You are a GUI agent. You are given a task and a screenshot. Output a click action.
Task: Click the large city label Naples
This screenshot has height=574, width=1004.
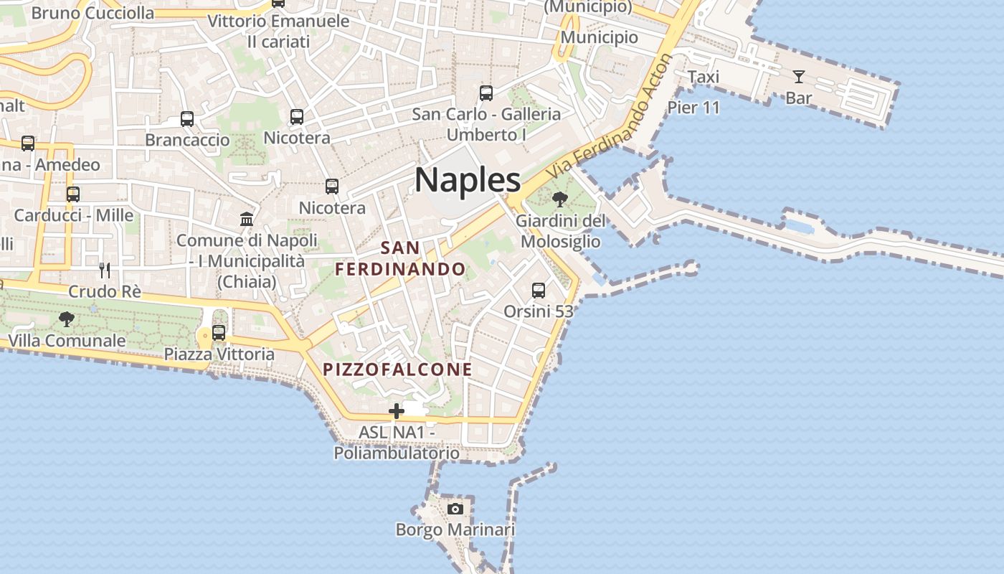(x=468, y=179)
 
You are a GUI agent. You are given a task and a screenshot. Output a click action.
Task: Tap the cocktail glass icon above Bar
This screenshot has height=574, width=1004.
(x=798, y=76)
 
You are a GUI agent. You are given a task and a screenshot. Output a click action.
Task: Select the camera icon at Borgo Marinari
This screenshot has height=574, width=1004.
(x=455, y=509)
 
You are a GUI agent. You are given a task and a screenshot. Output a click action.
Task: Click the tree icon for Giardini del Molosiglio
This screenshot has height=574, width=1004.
(x=560, y=199)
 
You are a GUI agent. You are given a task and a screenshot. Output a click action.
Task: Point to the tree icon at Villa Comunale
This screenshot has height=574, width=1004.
(x=67, y=319)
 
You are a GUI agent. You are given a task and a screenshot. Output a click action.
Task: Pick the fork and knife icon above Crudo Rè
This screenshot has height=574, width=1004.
(x=105, y=270)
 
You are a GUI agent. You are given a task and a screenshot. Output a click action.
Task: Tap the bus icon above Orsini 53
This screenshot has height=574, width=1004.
(x=539, y=290)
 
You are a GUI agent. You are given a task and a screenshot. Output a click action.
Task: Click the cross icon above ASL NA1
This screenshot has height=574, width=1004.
(x=396, y=411)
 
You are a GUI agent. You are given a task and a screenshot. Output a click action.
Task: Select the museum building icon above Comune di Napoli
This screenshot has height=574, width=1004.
(x=247, y=219)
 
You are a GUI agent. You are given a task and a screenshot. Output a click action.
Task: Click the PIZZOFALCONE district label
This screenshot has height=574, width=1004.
(x=397, y=370)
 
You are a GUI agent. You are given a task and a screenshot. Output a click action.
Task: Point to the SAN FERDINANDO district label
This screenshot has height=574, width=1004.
(x=401, y=259)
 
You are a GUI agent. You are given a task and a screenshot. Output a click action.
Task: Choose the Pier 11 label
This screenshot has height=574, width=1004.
(x=693, y=108)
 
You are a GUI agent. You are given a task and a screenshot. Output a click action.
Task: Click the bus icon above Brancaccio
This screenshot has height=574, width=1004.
(x=187, y=118)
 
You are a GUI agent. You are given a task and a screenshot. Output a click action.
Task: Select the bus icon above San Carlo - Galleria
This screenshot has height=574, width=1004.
(x=486, y=93)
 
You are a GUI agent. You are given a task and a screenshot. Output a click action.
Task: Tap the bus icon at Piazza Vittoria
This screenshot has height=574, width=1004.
(x=219, y=332)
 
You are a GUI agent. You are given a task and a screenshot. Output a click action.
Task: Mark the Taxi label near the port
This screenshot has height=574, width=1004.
(x=703, y=77)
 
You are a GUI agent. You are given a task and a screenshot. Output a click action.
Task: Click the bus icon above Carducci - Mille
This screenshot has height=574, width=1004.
(x=73, y=194)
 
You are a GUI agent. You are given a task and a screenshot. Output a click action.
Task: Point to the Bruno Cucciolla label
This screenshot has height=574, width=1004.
(x=93, y=13)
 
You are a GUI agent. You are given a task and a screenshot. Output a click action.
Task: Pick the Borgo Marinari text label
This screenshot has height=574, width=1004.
(x=455, y=530)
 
